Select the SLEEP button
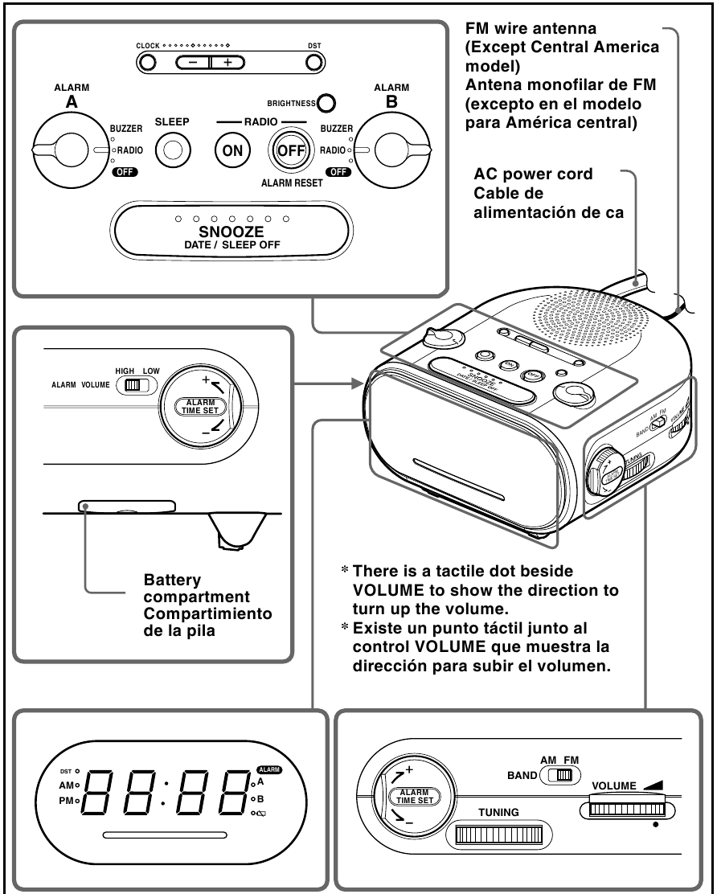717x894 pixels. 171,150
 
